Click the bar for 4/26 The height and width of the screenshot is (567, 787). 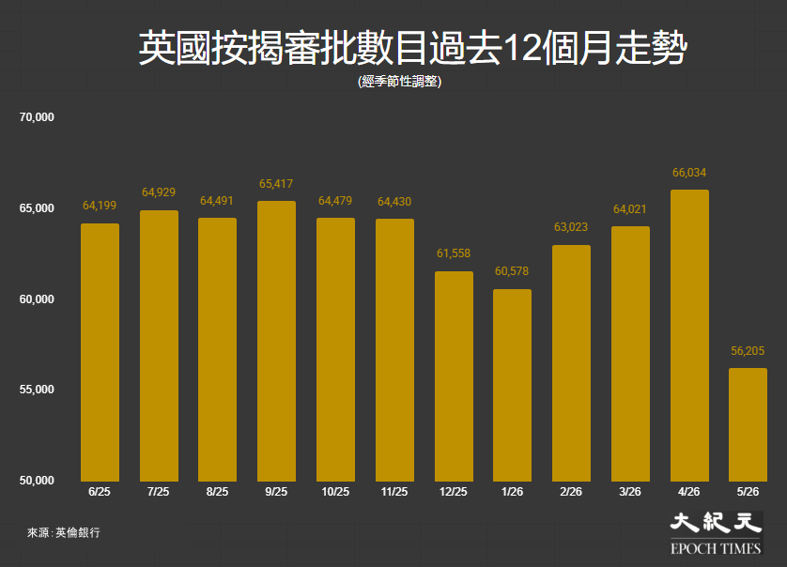click(689, 335)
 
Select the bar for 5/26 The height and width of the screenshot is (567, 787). click(748, 424)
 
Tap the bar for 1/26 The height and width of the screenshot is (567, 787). click(512, 385)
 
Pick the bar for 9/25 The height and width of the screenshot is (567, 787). click(276, 341)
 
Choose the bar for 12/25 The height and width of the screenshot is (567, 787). click(454, 376)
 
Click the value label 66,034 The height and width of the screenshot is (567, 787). click(689, 173)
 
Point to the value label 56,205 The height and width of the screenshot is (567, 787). click(748, 351)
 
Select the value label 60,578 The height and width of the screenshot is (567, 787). click(512, 271)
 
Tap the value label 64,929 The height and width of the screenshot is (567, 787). click(159, 192)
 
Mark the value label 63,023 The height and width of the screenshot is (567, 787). click(571, 227)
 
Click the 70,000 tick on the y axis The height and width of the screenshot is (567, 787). click(37, 117)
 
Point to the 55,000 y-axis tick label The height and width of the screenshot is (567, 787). click(37, 390)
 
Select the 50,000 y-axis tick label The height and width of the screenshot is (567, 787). click(37, 481)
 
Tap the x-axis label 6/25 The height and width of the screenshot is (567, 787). click(100, 492)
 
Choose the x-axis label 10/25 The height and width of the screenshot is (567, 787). click(335, 492)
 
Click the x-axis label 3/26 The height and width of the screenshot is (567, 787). click(630, 492)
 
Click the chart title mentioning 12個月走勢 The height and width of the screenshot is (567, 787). click(412, 48)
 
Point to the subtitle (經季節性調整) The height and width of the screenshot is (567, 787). click(399, 82)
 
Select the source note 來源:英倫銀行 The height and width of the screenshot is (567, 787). click(64, 532)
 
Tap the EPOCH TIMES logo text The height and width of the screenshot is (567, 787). click(716, 548)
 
